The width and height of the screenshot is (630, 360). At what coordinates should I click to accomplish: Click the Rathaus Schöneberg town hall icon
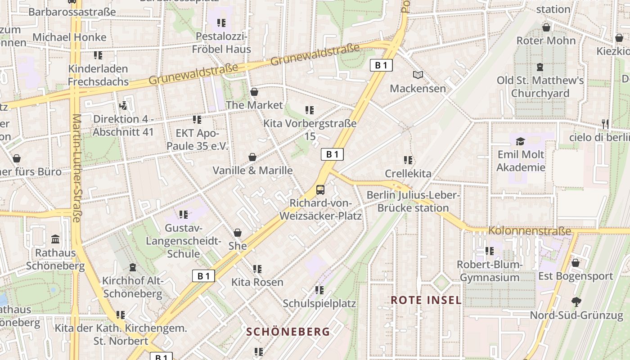55,238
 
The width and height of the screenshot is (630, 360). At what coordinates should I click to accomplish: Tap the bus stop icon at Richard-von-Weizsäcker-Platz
320,189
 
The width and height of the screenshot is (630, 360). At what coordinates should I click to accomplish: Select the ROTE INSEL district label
426,300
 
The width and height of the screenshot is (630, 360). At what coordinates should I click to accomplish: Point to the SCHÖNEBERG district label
288,332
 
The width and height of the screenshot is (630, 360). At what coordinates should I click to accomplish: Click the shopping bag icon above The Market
254,92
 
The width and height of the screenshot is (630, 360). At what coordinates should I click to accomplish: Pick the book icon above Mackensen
418,75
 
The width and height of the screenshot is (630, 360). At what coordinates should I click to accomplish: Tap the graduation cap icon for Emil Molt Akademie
521,141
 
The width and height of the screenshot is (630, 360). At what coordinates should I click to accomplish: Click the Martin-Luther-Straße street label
76,168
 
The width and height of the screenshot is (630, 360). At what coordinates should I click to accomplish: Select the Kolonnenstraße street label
530,231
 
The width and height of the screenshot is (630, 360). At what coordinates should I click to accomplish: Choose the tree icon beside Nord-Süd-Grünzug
576,301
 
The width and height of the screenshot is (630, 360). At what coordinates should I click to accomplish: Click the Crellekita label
408,173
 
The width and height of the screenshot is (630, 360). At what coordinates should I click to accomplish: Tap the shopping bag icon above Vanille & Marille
252,157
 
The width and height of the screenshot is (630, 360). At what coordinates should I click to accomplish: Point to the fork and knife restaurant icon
605,124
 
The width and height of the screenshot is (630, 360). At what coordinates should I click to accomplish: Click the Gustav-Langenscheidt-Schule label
183,241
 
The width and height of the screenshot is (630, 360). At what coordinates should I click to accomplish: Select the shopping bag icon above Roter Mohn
546,27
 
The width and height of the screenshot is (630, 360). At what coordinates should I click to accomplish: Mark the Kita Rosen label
257,282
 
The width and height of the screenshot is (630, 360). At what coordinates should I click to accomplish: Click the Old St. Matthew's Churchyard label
540,87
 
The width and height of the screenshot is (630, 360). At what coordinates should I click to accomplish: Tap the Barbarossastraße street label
72,12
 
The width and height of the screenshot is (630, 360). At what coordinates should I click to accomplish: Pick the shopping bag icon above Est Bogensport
575,263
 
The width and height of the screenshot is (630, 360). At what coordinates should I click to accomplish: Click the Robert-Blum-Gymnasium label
490,271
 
